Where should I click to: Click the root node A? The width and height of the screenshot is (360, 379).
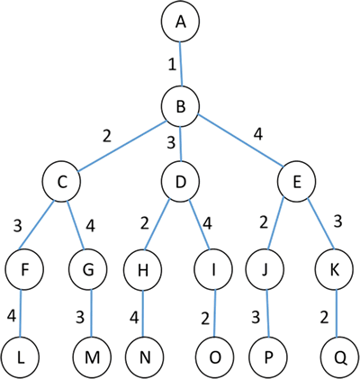coord(180,23)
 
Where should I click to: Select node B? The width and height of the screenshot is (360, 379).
coord(180,106)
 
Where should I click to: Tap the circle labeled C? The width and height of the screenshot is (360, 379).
coord(61,182)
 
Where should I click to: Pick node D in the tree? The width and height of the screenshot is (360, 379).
coord(180,182)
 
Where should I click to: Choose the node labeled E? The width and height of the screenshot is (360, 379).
coord(296,182)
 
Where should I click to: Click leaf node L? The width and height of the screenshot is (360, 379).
coord(20,357)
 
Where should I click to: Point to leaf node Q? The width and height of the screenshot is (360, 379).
coord(340,357)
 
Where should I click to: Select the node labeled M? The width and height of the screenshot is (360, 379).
coord(93,357)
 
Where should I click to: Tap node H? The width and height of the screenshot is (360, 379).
coord(142,270)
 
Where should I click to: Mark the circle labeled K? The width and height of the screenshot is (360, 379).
coord(335,270)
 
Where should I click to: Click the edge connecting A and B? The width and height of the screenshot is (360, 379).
coord(181,64)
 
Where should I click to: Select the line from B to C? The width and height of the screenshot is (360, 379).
coord(122,147)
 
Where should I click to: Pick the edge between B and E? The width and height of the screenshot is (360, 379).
coord(240,140)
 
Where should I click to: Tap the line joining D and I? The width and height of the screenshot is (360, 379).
coord(199,224)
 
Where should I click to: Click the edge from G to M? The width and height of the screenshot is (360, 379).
coord(92,313)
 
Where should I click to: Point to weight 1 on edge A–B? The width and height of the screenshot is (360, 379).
coord(172,65)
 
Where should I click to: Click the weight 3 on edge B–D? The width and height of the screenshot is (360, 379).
coord(171,142)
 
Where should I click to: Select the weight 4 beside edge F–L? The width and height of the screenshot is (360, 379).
coord(11,316)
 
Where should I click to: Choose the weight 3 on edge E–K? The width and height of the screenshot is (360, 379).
coord(337,221)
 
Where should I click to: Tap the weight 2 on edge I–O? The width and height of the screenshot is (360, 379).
coord(205,319)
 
